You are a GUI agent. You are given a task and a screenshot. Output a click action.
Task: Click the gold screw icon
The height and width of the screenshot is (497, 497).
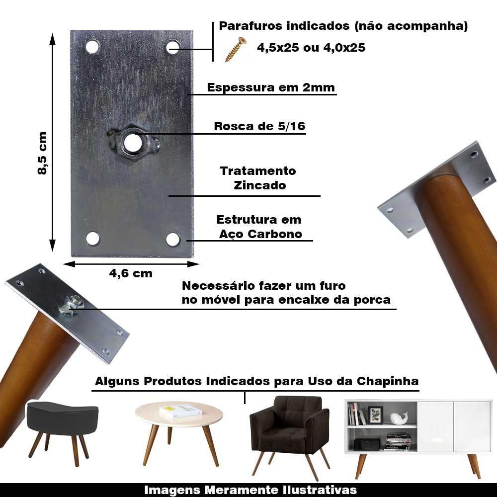[x=236, y=50]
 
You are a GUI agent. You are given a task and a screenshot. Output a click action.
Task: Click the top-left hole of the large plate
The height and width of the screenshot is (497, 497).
[x=92, y=47]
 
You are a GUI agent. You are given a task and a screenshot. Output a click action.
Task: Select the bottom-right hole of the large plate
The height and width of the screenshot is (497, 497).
[x=173, y=239]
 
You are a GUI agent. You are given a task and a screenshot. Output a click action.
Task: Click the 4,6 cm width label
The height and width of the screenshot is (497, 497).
[x=131, y=273]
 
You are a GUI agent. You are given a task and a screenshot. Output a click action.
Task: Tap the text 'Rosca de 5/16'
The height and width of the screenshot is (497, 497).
[x=259, y=126]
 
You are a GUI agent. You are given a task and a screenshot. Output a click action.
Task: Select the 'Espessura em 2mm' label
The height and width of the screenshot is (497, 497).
[x=271, y=87]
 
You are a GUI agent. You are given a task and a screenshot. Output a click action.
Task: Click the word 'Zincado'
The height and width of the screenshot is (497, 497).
[x=259, y=185]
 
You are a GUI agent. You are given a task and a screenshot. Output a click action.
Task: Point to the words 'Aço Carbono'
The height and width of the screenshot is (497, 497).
[x=261, y=234]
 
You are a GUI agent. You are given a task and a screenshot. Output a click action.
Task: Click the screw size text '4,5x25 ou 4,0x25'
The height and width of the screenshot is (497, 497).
[x=311, y=48]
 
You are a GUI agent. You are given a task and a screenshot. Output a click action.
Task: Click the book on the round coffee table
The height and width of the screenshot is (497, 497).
[x=180, y=411]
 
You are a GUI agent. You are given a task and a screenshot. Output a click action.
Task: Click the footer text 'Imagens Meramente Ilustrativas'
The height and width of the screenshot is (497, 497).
[x=250, y=490]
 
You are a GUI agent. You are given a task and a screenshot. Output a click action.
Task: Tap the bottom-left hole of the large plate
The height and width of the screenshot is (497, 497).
[x=92, y=239]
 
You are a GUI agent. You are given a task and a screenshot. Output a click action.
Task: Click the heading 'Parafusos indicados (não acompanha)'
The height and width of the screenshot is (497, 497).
[x=343, y=26]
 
